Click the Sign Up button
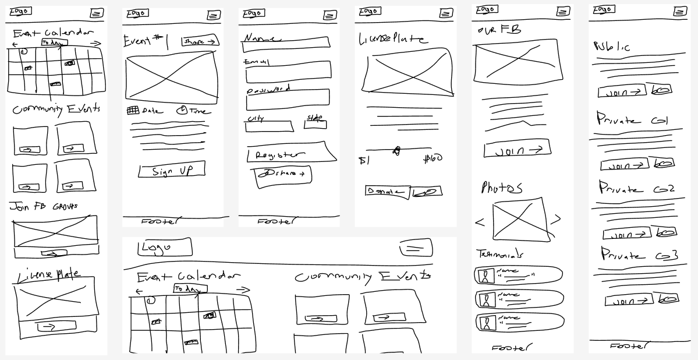[172, 171]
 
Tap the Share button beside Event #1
[200, 41]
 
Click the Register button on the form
[291, 154]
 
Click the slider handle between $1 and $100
[396, 151]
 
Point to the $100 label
[433, 158]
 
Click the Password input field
[288, 101]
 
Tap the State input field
[316, 124]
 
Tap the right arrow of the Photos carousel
[556, 220]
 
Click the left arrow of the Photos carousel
[480, 222]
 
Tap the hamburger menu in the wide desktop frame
[416, 248]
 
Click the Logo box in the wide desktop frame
[164, 248]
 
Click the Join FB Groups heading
[43, 207]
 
